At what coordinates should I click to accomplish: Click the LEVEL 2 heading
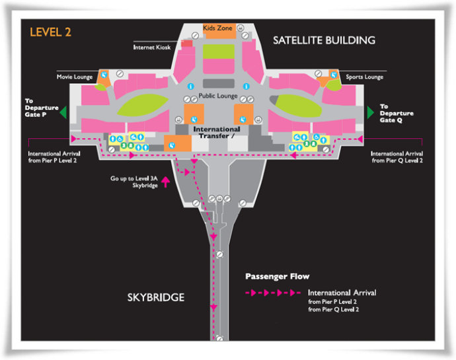tap(50, 32)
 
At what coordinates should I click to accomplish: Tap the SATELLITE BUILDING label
tap(324, 40)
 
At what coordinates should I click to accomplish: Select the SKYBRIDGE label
tap(156, 298)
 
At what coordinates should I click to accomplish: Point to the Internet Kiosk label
tap(151, 48)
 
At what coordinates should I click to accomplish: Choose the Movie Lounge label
tap(75, 77)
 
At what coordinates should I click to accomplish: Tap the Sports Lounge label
tap(364, 77)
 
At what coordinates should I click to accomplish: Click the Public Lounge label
tap(217, 95)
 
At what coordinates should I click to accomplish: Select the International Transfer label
tap(216, 133)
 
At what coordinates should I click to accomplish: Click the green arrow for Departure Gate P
tap(63, 112)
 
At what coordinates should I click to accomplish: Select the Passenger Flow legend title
tap(277, 276)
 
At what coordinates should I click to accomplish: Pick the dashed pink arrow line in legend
tap(272, 292)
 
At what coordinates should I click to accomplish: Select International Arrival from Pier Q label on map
tap(397, 157)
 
